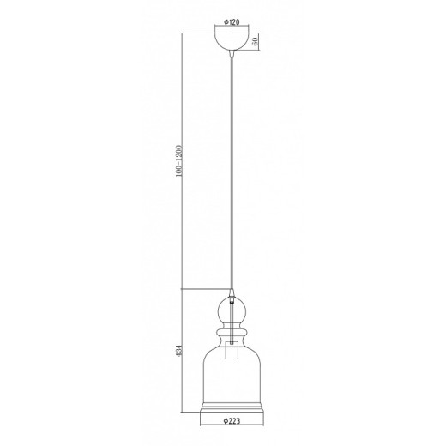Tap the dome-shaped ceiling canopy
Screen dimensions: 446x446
click(x=232, y=39)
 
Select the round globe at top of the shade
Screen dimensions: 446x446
click(x=232, y=308)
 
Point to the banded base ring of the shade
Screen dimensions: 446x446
click(x=232, y=407)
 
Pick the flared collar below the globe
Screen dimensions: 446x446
click(x=232, y=330)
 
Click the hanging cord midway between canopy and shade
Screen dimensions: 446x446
click(x=232, y=172)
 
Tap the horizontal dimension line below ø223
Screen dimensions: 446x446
click(x=232, y=424)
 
